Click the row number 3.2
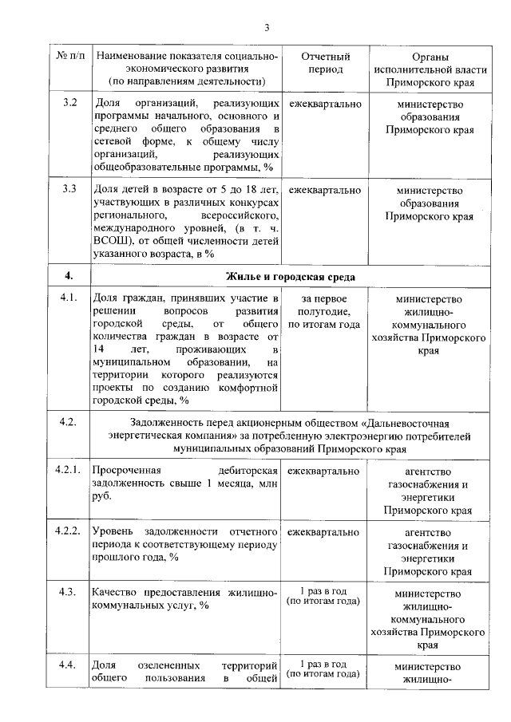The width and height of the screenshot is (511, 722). coord(69,104)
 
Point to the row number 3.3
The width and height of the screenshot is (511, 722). coord(69,190)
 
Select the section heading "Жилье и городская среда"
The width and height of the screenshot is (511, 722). coord(291,276)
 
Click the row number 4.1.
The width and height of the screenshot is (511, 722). coord(69,299)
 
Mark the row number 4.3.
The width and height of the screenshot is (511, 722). coord(69,591)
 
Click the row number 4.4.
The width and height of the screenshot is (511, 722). coord(69,665)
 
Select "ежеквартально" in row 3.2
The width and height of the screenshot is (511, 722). coord(325,104)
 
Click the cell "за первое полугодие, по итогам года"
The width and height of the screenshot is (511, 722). coord(325,311)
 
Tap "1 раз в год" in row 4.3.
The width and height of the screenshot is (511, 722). coord(325,591)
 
